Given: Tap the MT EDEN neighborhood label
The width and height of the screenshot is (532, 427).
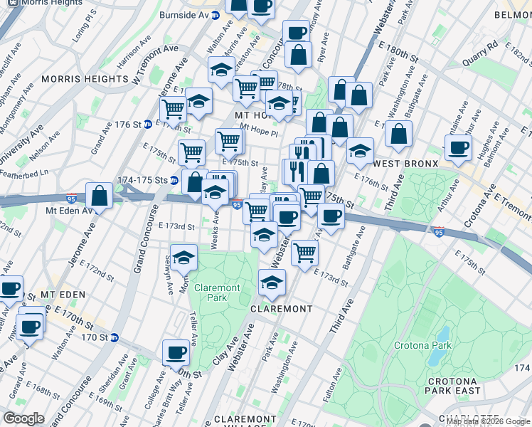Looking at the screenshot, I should click(63, 294).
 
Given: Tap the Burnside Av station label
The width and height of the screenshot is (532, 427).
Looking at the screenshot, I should click(184, 14).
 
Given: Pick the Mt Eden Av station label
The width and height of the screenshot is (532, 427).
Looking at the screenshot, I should click(70, 211).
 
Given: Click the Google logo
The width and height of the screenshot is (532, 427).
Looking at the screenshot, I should click(23, 418).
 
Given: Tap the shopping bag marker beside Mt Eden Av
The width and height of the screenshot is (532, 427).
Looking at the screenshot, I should click(99, 196).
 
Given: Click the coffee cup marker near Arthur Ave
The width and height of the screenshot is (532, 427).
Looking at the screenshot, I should click(458, 147).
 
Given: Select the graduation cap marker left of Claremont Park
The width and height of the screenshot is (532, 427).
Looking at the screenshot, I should click(183, 258).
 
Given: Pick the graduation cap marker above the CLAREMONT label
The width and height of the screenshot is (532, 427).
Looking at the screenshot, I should click(271, 283).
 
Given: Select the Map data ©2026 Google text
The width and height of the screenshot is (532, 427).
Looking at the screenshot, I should click(489, 421).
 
